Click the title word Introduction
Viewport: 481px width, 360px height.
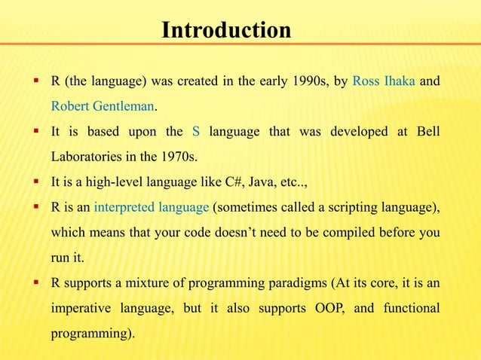tap(226, 31)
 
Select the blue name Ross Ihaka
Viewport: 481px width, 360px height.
tap(384, 81)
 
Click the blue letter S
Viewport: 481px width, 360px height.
tap(196, 132)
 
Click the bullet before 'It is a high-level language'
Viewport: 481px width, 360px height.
tap(35, 182)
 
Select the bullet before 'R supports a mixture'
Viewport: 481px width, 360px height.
tap(35, 282)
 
